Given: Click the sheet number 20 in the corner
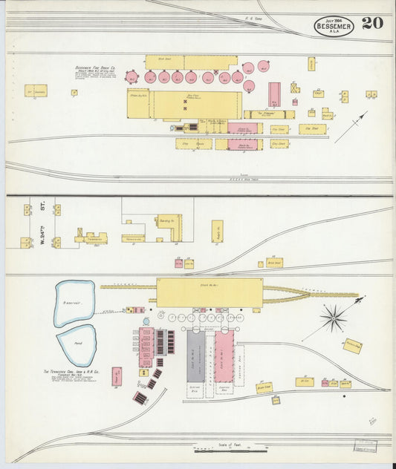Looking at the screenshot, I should pyautogui.click(x=373, y=23).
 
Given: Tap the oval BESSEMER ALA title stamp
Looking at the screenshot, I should pyautogui.click(x=334, y=26).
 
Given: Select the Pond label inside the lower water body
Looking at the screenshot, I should pyautogui.click(x=77, y=344).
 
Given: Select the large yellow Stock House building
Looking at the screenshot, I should pyautogui.click(x=209, y=292).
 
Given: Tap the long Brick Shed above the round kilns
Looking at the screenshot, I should pyautogui.click(x=190, y=62).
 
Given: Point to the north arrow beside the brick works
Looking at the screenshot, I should pyautogui.click(x=350, y=127).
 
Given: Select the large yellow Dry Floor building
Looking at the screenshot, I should pyautogui.click(x=197, y=105).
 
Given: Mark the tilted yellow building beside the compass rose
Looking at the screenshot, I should pyautogui.click(x=352, y=345).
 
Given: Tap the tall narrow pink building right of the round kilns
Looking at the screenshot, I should pyautogui.click(x=274, y=94).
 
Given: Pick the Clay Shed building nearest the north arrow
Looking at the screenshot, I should pyautogui.click(x=313, y=129).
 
